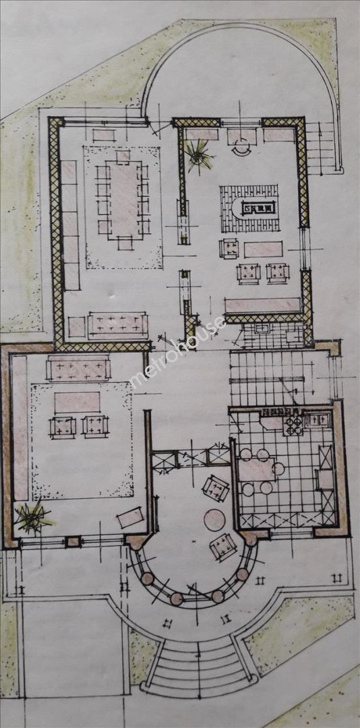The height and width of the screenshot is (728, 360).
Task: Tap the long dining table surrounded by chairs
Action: pos(125,200)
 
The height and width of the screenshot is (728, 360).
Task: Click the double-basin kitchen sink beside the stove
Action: pos(318,420)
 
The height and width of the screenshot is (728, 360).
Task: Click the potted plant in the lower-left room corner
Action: pos(32,516)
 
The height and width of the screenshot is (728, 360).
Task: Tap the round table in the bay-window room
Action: pos(214,520)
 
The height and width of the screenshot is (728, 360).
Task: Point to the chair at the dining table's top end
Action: pos(123,156)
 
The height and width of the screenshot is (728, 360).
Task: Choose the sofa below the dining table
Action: pos(118,325)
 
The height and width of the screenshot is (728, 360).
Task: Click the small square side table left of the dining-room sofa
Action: pos(77,327)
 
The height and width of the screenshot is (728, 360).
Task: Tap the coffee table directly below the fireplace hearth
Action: pos(264,249)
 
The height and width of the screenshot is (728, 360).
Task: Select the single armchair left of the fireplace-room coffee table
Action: pos(229,248)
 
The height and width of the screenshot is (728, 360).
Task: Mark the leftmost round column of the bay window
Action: pos(147,578)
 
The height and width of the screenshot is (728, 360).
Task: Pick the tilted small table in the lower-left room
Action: pos(131,517)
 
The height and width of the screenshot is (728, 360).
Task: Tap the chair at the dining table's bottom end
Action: pos(125,243)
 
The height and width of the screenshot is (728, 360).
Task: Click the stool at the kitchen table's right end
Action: pos(279,469)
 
